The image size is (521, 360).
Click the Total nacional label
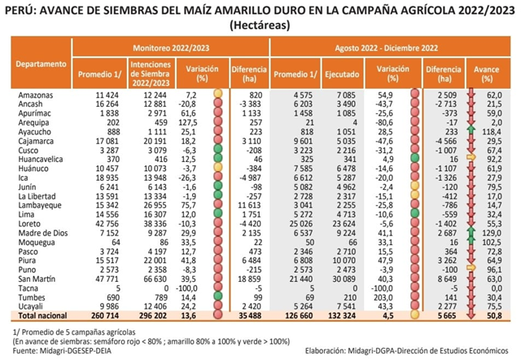pos(41,314)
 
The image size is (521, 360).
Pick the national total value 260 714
pos(104,314)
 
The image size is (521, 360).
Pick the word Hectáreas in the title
pos(260,24)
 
